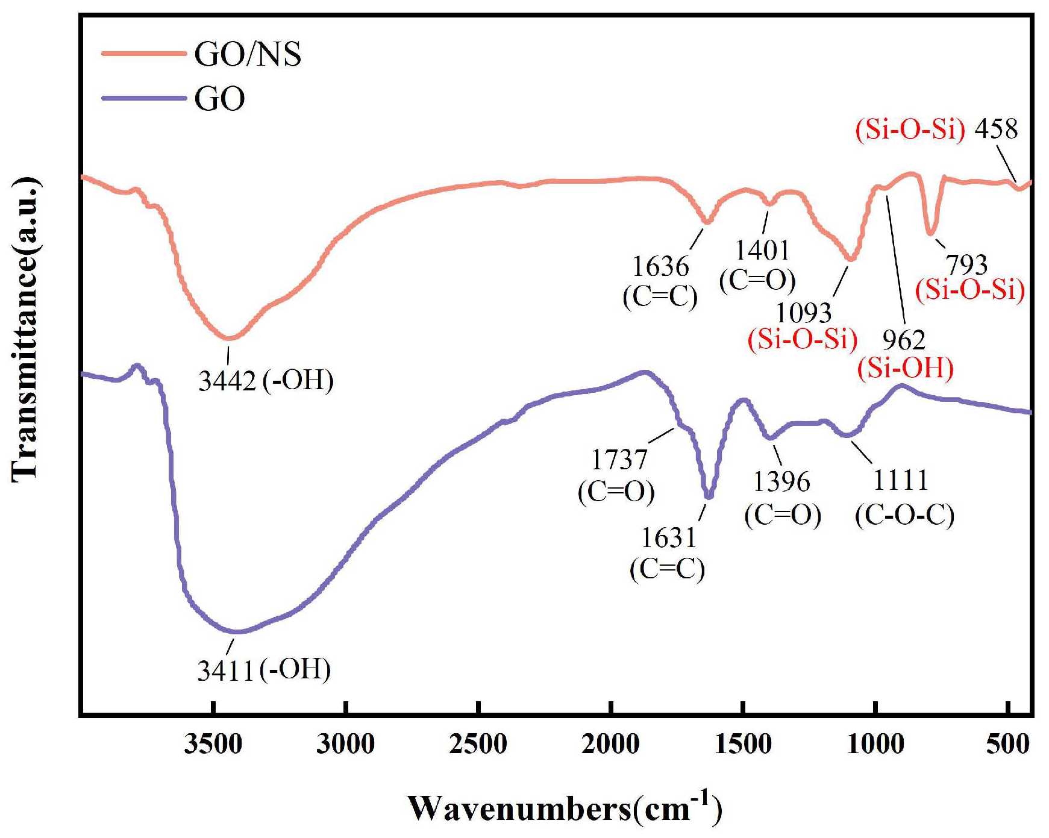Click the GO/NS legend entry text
(x=247, y=54)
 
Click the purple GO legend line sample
(x=143, y=98)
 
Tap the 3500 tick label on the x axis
(x=213, y=745)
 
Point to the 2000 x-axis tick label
(x=610, y=745)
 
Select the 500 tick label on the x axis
(x=1007, y=745)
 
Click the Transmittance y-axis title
(x=25, y=329)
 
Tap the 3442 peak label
(x=227, y=381)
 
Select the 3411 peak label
(x=225, y=671)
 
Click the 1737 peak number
(x=619, y=460)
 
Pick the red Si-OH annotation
(x=905, y=368)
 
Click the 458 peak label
(x=996, y=129)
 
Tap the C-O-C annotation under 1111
(x=904, y=515)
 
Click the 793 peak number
(x=966, y=264)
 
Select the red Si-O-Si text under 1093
(x=802, y=339)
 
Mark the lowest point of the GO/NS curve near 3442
(x=228, y=338)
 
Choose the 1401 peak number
(x=762, y=250)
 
